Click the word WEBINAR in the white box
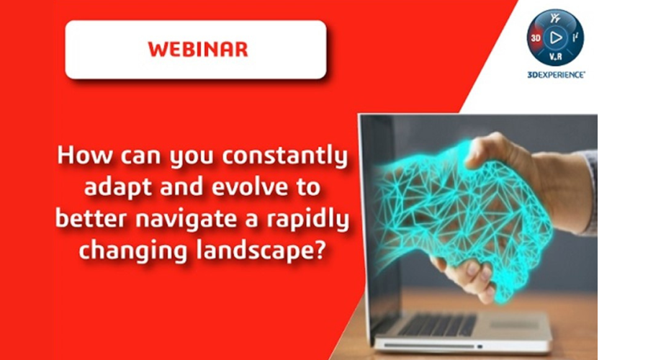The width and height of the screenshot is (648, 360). (197, 49)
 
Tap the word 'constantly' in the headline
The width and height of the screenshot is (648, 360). (285, 156)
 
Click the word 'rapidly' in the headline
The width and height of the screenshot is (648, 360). (308, 220)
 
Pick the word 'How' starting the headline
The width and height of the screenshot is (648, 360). (85, 156)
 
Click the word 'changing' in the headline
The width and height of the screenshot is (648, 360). (132, 251)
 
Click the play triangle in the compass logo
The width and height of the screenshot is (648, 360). (556, 38)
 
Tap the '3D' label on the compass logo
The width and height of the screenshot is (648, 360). (536, 38)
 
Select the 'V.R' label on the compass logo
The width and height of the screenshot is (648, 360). (555, 57)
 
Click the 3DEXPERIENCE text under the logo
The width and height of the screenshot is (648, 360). (556, 75)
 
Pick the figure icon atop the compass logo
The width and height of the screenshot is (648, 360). (555, 18)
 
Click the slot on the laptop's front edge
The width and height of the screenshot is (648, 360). (429, 345)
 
